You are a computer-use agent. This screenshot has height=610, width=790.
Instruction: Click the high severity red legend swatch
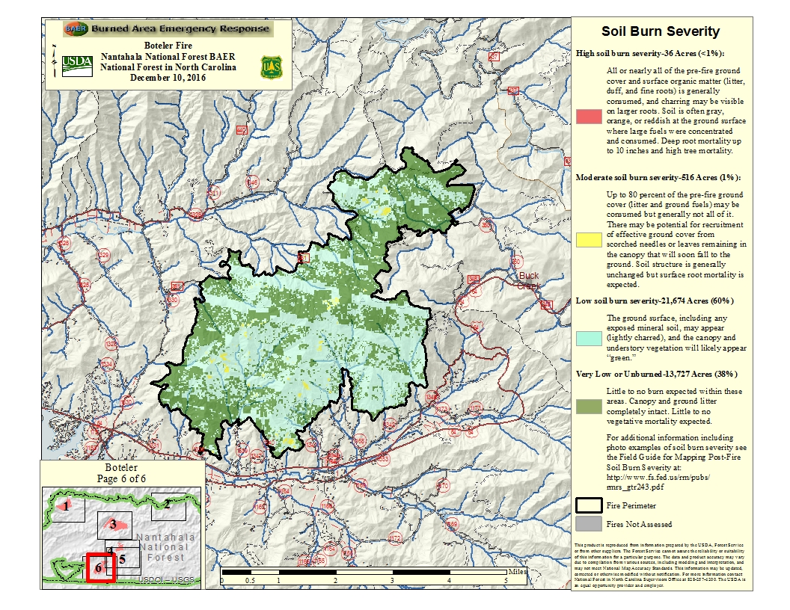click(x=587, y=117)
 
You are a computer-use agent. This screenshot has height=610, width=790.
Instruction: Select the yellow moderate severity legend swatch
click(x=587, y=239)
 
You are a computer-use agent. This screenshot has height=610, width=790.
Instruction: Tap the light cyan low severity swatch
click(x=587, y=338)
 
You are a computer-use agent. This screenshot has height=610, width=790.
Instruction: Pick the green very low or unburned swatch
click(x=587, y=407)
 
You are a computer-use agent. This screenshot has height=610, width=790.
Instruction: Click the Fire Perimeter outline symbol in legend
click(x=587, y=505)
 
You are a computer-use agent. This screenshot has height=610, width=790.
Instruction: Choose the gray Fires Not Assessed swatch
click(x=587, y=524)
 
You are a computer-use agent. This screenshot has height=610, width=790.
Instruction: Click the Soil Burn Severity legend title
click(x=661, y=31)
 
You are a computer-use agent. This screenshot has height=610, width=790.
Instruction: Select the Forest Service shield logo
click(x=269, y=67)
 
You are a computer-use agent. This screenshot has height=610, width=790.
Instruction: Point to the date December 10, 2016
click(x=168, y=77)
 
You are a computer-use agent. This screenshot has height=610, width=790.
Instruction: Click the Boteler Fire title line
click(x=168, y=46)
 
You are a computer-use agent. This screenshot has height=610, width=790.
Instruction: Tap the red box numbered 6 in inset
click(x=99, y=567)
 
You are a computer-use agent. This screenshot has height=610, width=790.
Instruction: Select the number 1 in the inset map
click(x=67, y=506)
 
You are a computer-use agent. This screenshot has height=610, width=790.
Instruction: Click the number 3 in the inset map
click(x=113, y=523)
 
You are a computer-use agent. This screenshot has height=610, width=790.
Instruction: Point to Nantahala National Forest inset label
click(x=165, y=547)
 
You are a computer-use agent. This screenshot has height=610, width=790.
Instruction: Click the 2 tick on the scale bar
click(x=335, y=580)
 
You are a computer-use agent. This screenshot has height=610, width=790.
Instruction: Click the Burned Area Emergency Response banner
click(x=168, y=28)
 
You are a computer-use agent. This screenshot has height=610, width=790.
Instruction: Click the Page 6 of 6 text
click(x=123, y=478)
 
